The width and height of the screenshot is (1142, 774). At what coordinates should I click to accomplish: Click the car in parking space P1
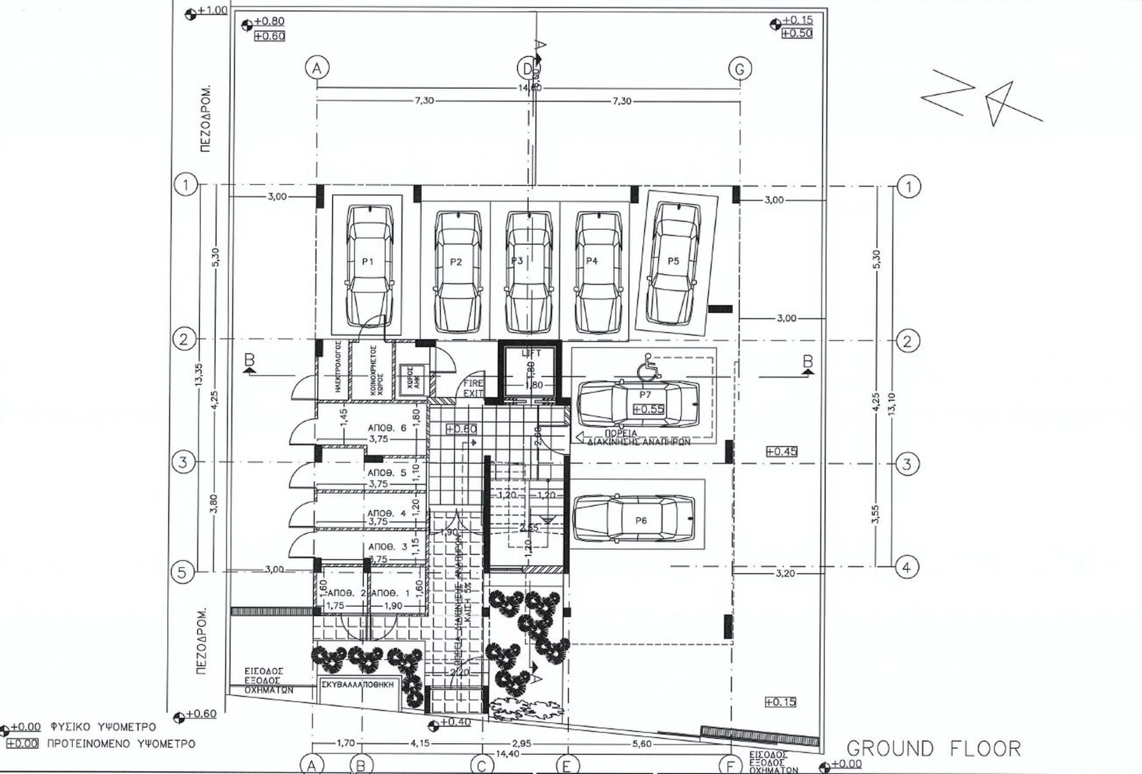coord(369,266)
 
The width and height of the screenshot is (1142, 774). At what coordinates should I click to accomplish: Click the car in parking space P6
coord(634,519)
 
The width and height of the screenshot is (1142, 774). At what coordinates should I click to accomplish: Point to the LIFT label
coord(531,353)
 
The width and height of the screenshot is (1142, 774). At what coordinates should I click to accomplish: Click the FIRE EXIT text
coord(473,388)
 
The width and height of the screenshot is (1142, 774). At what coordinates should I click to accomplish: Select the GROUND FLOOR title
coord(933,748)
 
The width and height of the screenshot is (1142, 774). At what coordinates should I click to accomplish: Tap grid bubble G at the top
coord(739,69)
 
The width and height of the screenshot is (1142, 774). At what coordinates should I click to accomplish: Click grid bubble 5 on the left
coord(182,572)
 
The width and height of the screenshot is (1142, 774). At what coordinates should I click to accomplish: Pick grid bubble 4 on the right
coord(906,568)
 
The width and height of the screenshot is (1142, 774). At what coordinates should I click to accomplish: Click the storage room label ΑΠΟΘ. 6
coord(387,428)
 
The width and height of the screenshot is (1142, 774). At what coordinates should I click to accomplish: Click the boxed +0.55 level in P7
coord(648,409)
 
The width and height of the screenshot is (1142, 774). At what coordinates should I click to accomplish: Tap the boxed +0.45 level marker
coord(782,452)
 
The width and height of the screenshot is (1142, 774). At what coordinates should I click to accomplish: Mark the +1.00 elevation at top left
coord(212,10)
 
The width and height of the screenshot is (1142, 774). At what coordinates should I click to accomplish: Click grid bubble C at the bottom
coord(481,766)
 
